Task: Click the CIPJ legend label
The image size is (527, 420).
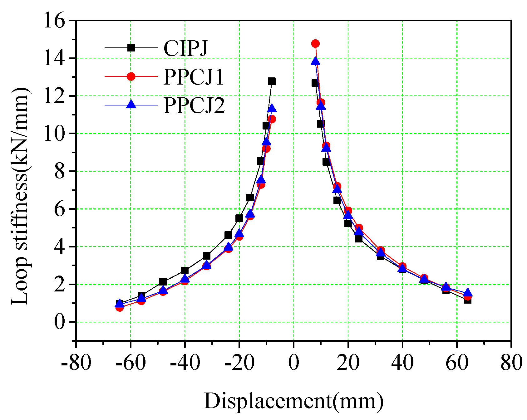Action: (x=186, y=48)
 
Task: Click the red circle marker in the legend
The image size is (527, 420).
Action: (x=131, y=76)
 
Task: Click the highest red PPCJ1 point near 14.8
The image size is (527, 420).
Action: (x=315, y=43)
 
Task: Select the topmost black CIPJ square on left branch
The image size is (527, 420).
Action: (x=272, y=81)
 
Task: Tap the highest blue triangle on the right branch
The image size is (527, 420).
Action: (x=315, y=61)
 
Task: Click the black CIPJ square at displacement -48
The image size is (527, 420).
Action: (x=163, y=282)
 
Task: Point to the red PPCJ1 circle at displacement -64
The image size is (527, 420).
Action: (x=119, y=307)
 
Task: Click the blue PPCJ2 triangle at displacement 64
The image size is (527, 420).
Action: (x=467, y=293)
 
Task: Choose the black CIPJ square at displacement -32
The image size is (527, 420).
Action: (x=206, y=256)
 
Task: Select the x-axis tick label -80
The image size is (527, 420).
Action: (x=76, y=363)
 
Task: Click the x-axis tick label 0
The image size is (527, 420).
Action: (x=293, y=363)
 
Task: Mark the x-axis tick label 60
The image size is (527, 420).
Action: (x=457, y=363)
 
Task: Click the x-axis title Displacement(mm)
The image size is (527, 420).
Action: (x=293, y=401)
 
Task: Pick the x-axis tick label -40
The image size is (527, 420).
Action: (x=185, y=363)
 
